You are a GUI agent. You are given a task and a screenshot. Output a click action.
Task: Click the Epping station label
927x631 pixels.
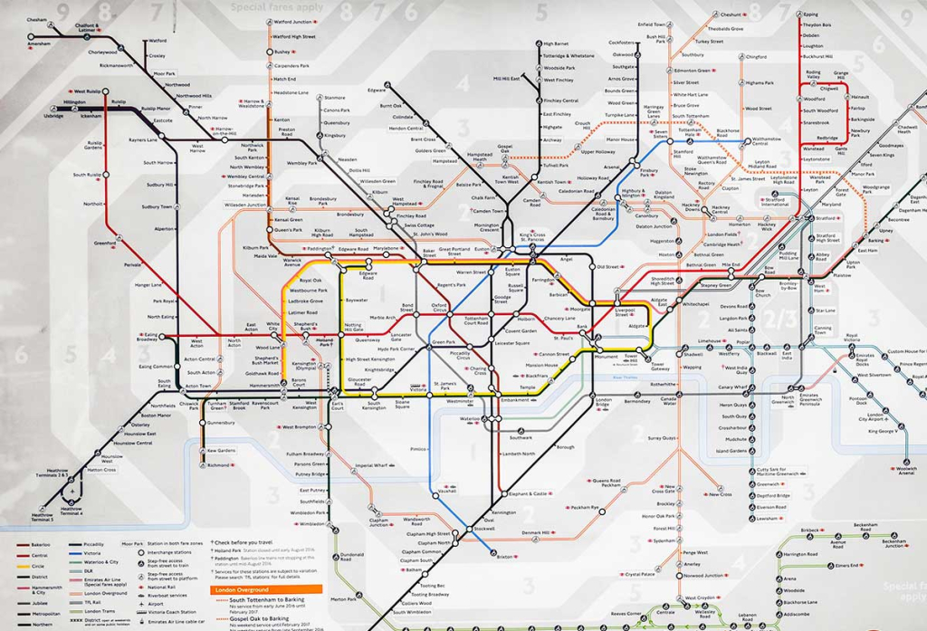pos(810,14)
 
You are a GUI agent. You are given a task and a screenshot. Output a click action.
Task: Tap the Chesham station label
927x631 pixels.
pos(37,19)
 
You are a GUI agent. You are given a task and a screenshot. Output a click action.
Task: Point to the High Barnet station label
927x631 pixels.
pos(556,43)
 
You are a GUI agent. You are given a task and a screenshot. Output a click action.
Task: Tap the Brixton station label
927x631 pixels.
pos(505,557)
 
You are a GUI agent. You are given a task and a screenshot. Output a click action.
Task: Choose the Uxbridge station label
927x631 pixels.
pos(53,116)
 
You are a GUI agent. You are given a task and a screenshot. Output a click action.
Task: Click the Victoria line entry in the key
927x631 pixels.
pos(144,553)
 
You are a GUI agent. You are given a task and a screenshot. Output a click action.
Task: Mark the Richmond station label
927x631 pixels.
pos(218,465)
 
